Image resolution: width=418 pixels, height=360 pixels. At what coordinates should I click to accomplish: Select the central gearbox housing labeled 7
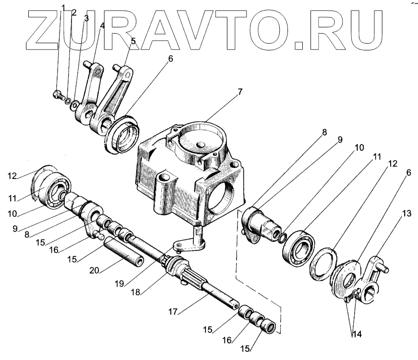tap(192, 178)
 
